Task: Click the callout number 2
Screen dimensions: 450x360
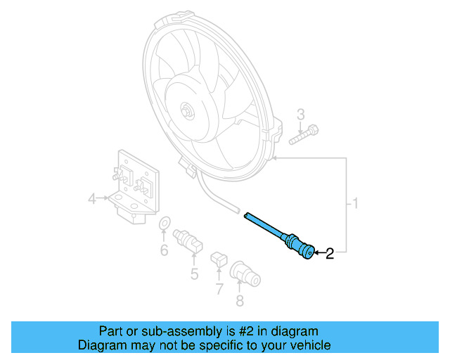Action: tap(328, 253)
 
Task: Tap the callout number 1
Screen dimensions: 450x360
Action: tap(356, 205)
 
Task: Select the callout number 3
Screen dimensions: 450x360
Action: tap(300, 115)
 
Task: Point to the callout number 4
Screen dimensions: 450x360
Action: tap(91, 200)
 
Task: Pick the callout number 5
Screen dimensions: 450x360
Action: tap(194, 272)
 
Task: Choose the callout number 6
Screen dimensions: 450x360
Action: tap(164, 249)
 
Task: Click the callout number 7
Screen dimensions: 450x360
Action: tap(219, 288)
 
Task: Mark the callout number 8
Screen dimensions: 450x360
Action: tap(240, 301)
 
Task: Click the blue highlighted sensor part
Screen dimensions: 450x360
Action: tap(281, 236)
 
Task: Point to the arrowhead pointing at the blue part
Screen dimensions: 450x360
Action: tap(314, 252)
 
